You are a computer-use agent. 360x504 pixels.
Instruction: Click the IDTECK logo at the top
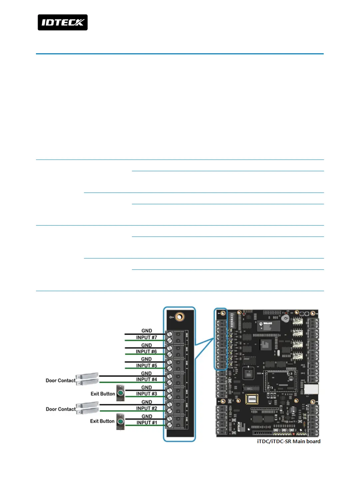(63, 22)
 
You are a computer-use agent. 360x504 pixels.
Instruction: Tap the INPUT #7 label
(147, 337)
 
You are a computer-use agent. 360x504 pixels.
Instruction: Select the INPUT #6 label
(146, 351)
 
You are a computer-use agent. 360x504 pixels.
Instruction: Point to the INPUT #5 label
(147, 365)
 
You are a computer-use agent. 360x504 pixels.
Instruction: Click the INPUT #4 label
(147, 379)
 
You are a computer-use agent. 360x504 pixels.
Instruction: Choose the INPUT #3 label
(147, 394)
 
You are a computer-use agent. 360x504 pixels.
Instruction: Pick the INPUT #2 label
(147, 408)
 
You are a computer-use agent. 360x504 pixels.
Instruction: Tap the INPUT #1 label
(147, 422)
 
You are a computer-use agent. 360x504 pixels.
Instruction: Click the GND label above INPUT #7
(147, 331)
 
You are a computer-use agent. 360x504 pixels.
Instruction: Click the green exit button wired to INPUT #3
(121, 393)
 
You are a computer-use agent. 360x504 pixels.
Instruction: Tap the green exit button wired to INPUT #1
(121, 421)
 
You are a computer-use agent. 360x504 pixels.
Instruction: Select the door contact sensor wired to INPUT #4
(87, 379)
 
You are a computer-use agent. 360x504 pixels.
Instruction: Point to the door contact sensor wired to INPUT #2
(87, 408)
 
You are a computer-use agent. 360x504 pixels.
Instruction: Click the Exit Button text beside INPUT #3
(103, 394)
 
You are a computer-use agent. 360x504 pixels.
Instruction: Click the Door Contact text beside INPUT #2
(61, 409)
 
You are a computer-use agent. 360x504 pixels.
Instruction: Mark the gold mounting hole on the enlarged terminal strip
(180, 316)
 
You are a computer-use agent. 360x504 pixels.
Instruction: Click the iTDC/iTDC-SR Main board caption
(289, 441)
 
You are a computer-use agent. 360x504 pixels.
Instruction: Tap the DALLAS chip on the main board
(268, 325)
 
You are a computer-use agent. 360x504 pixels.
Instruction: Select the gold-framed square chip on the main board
(252, 399)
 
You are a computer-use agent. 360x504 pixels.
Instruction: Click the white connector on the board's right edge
(311, 389)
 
